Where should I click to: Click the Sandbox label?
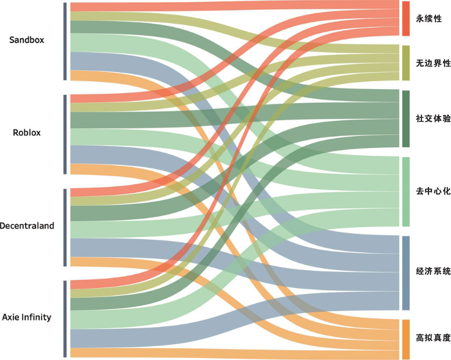tap(27, 40)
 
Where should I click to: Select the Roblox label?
tap(27, 133)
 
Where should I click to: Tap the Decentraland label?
tap(27, 226)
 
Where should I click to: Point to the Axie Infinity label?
tap(27, 317)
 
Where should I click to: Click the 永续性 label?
tap(428, 19)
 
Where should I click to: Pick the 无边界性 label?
tap(432, 63)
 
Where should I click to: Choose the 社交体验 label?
tap(433, 118)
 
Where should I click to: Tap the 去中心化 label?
tap(432, 191)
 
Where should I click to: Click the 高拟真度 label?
tap(433, 338)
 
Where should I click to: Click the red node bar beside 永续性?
tap(406, 19)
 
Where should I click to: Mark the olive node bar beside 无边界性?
tap(406, 63)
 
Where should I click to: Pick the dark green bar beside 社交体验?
tap(406, 118)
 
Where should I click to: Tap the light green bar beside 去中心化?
tap(406, 191)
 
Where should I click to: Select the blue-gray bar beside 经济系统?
tap(406, 273)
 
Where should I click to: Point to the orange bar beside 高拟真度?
tap(406, 339)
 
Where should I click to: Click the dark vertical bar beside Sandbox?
tap(65, 41)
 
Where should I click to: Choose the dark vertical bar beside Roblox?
tap(65, 134)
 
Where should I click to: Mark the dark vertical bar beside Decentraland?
tap(65, 227)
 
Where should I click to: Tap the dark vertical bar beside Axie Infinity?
tap(65, 319)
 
